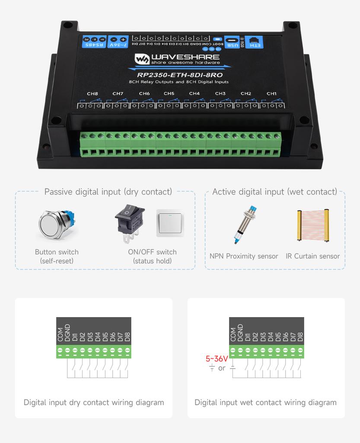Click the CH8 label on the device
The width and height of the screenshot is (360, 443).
coord(92,93)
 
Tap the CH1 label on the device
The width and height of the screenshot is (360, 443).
coord(271,93)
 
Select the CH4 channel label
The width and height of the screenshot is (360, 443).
coord(194,93)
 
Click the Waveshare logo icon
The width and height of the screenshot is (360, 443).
coord(141,59)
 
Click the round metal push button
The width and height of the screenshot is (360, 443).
coord(56,225)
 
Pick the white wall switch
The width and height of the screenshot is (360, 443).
coord(170,223)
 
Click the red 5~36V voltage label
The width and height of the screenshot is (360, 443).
coord(217,359)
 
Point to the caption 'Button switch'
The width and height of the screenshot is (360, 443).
coord(57,252)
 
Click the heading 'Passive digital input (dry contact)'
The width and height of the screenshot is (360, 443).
coord(108,192)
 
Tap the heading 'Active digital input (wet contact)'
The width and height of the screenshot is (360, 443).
coord(274,192)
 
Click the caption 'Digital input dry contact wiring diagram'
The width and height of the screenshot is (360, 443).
coord(94,402)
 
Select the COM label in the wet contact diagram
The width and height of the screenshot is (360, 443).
coord(233,335)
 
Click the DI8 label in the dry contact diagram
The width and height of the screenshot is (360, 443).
coord(127,337)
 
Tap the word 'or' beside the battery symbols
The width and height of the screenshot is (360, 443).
coord(222,368)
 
